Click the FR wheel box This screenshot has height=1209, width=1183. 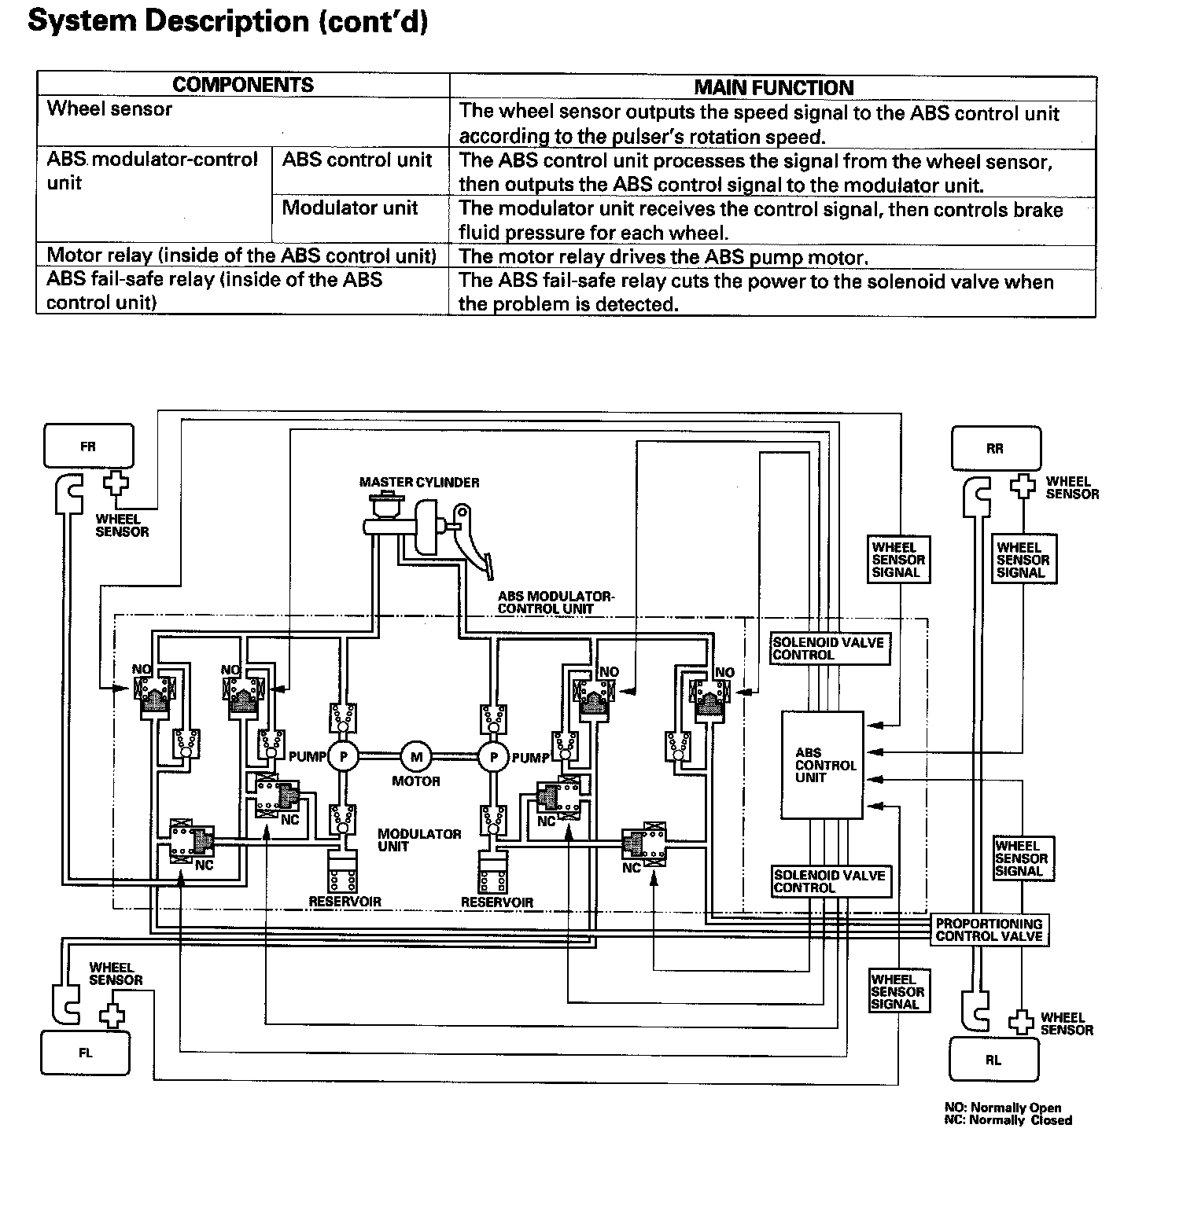[x=88, y=446]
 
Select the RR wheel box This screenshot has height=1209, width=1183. [x=995, y=448]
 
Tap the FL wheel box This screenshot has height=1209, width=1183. [x=86, y=1053]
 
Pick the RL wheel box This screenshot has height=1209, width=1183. [x=993, y=1060]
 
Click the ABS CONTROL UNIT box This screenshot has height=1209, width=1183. [x=822, y=765]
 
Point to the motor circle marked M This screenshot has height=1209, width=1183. [x=416, y=757]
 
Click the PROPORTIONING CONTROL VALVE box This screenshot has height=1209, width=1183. [x=989, y=930]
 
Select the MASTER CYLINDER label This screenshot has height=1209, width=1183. [x=418, y=482]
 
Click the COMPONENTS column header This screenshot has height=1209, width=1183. [x=243, y=85]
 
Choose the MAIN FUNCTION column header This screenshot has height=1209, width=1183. [x=773, y=87]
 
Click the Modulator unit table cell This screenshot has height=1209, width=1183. [x=350, y=208]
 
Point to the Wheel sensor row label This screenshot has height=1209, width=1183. [x=109, y=109]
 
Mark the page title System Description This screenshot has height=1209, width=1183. [x=228, y=21]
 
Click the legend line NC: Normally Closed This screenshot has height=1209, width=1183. [x=1008, y=1120]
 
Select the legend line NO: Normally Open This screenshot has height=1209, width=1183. [x=1002, y=1108]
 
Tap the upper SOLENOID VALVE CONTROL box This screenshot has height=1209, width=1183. [x=829, y=649]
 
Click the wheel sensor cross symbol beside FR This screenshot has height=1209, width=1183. [x=116, y=481]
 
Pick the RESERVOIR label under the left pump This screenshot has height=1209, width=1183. [x=345, y=902]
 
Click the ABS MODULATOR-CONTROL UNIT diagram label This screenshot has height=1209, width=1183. [x=555, y=602]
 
